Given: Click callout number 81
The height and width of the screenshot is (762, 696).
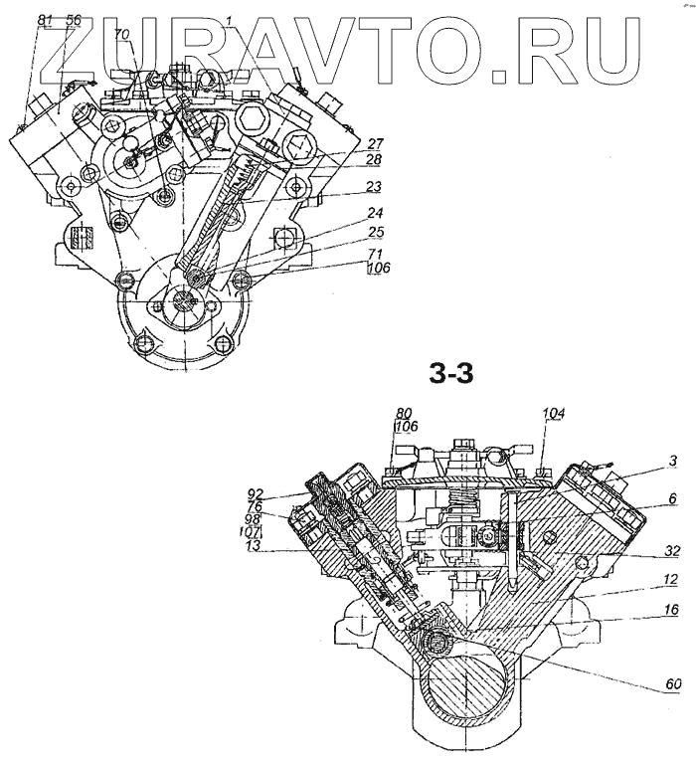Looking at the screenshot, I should point(45,19).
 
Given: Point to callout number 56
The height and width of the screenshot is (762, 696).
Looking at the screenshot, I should point(74,19).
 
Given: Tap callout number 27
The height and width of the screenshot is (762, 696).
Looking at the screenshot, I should point(346,144).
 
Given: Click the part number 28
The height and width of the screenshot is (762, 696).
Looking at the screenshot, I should point(346,159).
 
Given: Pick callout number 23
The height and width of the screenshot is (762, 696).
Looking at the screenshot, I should point(346,186).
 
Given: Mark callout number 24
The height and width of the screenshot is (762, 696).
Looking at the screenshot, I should point(346,212).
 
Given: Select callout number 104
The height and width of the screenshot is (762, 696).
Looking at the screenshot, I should point(553,412).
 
